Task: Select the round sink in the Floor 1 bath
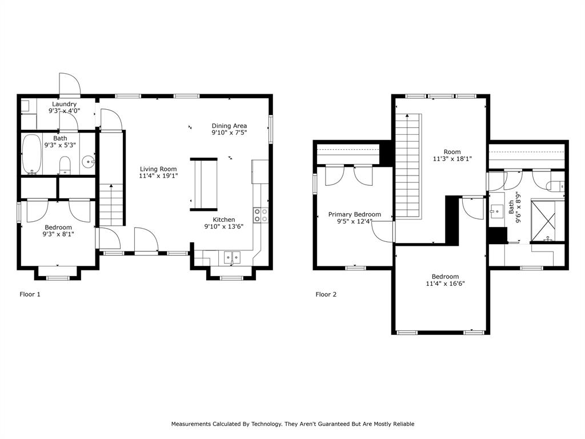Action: tap(87, 162)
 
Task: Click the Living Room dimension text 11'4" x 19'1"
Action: tap(158, 176)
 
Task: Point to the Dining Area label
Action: tap(229, 126)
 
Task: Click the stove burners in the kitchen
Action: tap(261, 215)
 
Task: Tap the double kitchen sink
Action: tap(232, 258)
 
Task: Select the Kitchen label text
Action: tap(224, 219)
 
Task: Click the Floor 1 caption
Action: tap(30, 295)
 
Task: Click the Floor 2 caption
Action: tap(326, 295)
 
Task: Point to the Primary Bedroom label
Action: tap(354, 214)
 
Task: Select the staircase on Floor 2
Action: tap(410, 166)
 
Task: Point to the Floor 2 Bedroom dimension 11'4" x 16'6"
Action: tap(444, 284)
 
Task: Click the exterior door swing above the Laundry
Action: tap(70, 85)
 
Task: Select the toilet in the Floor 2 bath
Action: tap(555, 185)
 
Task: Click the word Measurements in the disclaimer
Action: tap(191, 424)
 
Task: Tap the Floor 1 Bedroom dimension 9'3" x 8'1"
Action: tap(58, 234)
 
